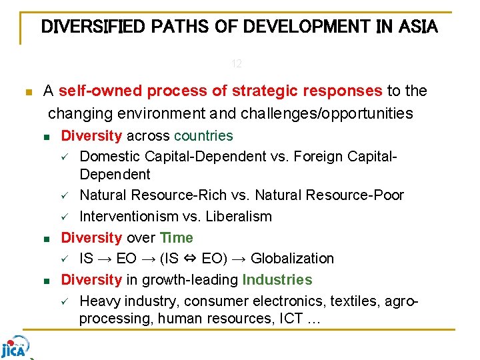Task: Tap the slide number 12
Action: (x=237, y=65)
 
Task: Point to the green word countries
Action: (x=203, y=136)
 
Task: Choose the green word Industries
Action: (x=277, y=279)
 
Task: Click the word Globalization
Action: (x=292, y=259)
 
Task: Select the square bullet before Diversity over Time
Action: (x=46, y=239)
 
